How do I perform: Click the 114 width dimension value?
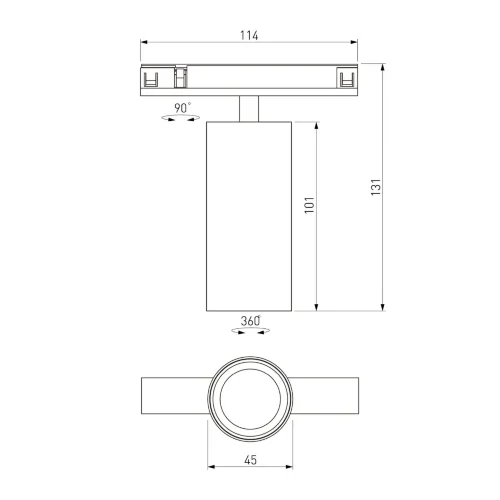[249, 36]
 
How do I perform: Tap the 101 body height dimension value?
[309, 207]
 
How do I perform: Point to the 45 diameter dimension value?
[248, 461]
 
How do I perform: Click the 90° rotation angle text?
[182, 107]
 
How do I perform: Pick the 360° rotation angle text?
[250, 321]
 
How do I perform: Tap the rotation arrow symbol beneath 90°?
[181, 120]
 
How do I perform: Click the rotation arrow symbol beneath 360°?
[249, 333]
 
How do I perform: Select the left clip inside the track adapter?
[152, 80]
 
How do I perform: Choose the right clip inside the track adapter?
[346, 80]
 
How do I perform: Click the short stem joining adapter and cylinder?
[248, 108]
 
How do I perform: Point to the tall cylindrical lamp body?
[248, 215]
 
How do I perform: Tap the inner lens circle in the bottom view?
[248, 398]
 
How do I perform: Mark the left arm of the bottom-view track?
[173, 398]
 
